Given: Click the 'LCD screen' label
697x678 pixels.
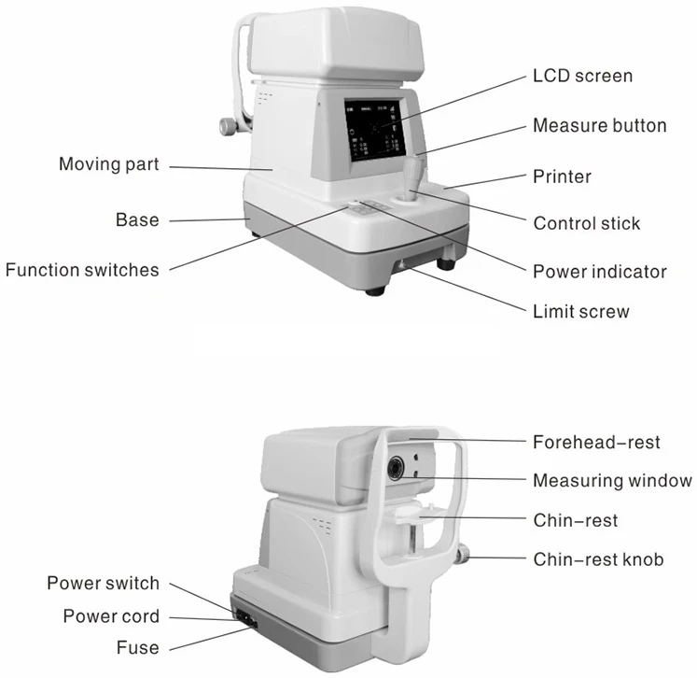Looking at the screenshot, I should (x=582, y=76).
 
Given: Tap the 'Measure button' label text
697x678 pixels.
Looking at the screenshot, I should (x=599, y=125).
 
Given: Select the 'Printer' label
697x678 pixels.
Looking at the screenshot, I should (x=562, y=176).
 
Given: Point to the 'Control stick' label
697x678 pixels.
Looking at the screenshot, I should (x=587, y=224).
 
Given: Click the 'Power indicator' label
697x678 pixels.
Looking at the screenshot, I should (x=599, y=272).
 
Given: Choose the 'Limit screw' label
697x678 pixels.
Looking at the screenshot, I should (x=580, y=311).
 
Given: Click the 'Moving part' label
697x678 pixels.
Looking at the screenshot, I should (x=109, y=164).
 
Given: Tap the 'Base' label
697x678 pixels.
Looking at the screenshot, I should (x=137, y=220).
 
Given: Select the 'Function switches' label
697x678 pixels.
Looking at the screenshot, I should (x=82, y=270).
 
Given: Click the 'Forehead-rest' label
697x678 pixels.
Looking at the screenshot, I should (x=595, y=442).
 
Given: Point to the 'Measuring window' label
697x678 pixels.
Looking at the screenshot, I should (x=612, y=481).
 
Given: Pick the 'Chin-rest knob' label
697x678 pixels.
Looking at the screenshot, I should (x=598, y=559).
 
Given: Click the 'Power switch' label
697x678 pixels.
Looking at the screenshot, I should (x=104, y=584).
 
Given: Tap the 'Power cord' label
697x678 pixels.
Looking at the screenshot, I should (x=111, y=616).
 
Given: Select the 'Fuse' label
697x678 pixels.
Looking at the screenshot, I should (x=137, y=647).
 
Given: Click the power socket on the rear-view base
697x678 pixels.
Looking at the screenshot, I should (x=245, y=617).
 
